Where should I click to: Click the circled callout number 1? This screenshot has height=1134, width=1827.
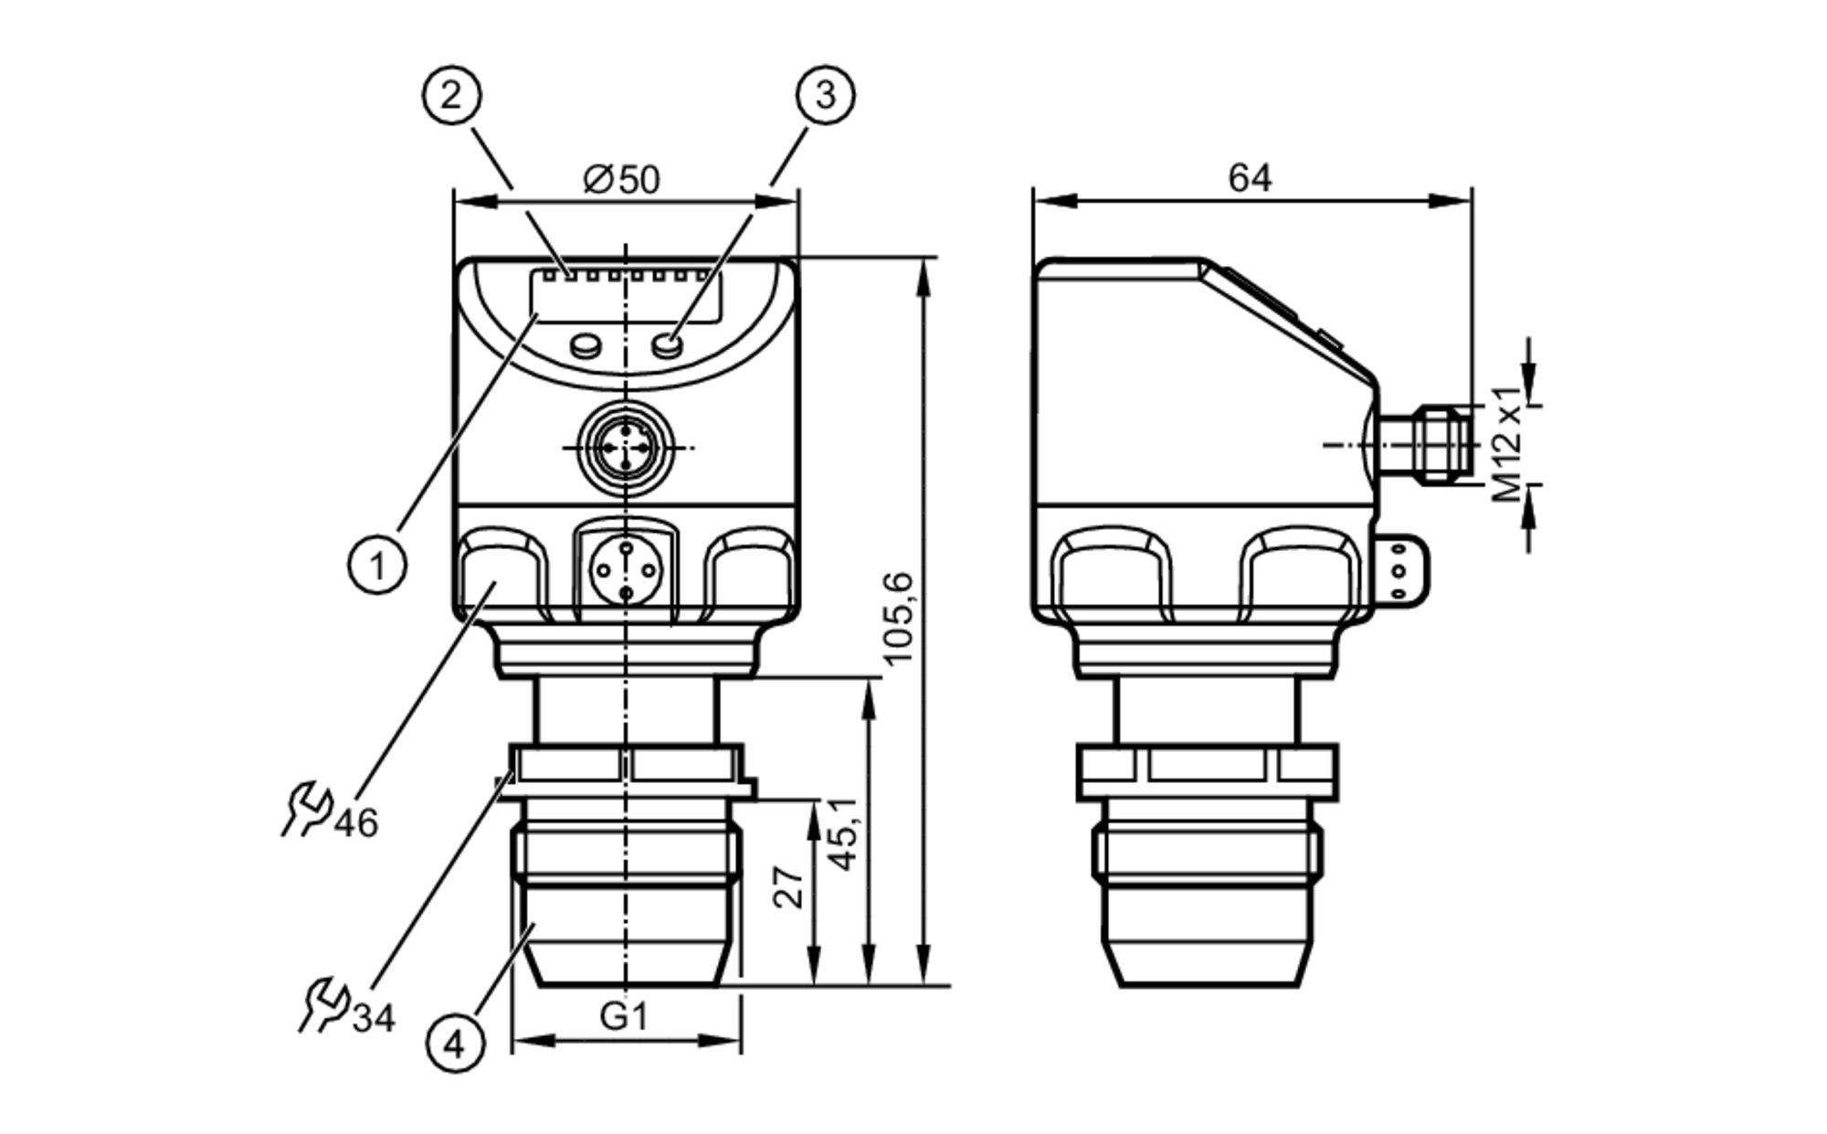[x=377, y=566]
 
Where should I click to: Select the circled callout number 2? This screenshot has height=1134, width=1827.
[x=451, y=94]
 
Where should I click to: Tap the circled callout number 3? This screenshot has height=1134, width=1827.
[x=825, y=94]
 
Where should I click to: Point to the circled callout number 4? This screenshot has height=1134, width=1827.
[x=456, y=1043]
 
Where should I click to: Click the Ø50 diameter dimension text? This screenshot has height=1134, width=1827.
[x=622, y=179]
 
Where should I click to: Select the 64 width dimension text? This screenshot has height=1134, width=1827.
[x=1250, y=178]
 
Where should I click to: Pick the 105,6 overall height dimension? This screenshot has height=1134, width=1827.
[x=899, y=618]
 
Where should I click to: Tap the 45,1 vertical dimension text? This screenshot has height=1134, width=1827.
[x=842, y=832]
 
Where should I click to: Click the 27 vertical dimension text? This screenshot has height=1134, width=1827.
[x=789, y=887]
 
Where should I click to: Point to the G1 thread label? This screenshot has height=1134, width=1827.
[x=624, y=1015]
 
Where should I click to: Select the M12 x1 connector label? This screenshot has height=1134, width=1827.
[x=1508, y=444]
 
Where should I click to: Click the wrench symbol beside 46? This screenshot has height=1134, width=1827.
[x=306, y=809]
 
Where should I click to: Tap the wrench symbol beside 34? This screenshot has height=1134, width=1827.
[x=324, y=1005]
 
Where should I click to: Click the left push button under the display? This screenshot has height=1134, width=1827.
[x=585, y=344]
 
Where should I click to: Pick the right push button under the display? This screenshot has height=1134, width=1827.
[x=668, y=344]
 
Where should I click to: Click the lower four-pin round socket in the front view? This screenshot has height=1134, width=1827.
[x=626, y=571]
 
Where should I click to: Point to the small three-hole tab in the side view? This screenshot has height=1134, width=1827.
[x=1400, y=571]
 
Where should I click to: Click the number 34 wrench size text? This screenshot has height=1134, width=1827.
[x=374, y=1018]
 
